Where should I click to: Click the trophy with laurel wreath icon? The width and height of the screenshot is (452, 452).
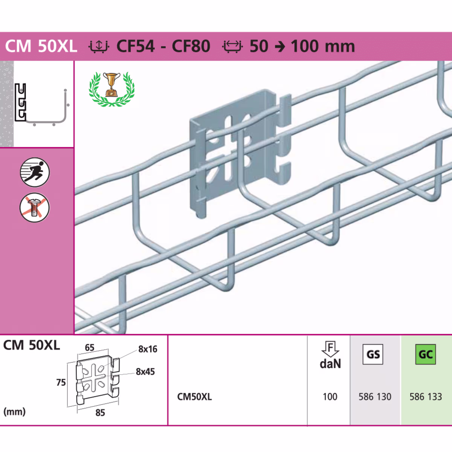(x=111, y=89)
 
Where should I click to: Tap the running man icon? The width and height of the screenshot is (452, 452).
(x=35, y=172)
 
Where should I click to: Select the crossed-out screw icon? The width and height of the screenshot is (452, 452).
(x=35, y=207)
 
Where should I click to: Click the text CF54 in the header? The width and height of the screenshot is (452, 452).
(x=136, y=46)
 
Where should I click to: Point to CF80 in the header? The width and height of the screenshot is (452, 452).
(x=191, y=46)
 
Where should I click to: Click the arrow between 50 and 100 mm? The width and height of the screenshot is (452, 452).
(x=279, y=47)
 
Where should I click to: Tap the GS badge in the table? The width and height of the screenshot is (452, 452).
(x=373, y=354)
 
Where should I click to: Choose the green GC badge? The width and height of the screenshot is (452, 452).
(x=425, y=354)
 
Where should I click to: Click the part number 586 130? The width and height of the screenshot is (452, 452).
(x=375, y=397)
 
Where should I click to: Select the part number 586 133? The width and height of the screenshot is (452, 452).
(x=426, y=397)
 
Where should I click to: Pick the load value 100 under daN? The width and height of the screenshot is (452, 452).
(x=330, y=397)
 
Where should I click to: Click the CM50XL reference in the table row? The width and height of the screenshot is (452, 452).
(x=194, y=397)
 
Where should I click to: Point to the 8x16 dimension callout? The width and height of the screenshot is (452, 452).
(x=148, y=349)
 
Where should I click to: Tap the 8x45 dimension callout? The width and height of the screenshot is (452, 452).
(x=145, y=372)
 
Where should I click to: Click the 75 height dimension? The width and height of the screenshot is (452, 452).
(x=61, y=383)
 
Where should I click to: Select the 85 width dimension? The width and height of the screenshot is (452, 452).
(x=100, y=413)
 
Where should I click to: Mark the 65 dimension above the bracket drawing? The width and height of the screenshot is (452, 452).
(x=90, y=348)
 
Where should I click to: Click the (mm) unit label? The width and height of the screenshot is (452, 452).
(x=14, y=411)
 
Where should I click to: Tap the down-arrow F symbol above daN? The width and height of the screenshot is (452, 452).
(x=330, y=348)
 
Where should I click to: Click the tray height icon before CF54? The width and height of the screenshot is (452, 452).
(x=99, y=46)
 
